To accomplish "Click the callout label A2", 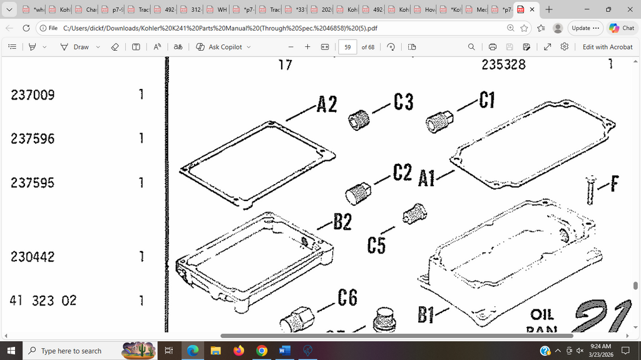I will pyautogui.click(x=326, y=103).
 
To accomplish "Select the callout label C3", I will pyautogui.click(x=403, y=102).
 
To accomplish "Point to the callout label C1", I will pyautogui.click(x=487, y=100).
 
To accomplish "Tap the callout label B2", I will pyautogui.click(x=342, y=221).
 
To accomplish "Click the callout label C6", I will pyautogui.click(x=347, y=298).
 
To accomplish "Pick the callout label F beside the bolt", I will pyautogui.click(x=614, y=184).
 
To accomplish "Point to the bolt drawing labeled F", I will pyautogui.click(x=590, y=190).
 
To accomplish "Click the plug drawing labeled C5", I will pyautogui.click(x=414, y=214).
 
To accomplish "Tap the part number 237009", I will pyautogui.click(x=33, y=95).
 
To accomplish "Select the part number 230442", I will pyautogui.click(x=33, y=257).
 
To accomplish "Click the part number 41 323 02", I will pyautogui.click(x=43, y=301).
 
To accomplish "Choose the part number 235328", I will pyautogui.click(x=503, y=64).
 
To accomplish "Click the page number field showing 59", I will pyautogui.click(x=347, y=47).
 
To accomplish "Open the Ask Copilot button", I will pyautogui.click(x=223, y=47).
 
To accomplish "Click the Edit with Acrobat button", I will pyautogui.click(x=607, y=47).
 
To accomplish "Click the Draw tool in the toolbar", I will pyautogui.click(x=74, y=47).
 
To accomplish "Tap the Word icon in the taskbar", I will pyautogui.click(x=284, y=351).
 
